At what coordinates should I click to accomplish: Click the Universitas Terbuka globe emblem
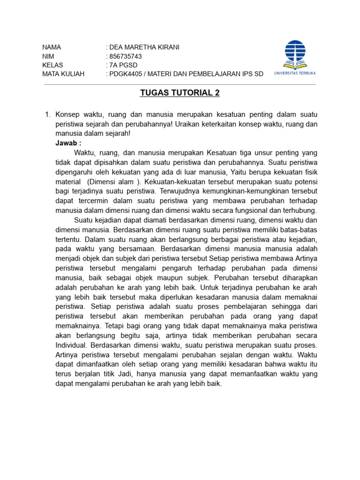click(x=295, y=53)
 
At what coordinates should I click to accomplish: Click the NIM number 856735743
click(x=126, y=56)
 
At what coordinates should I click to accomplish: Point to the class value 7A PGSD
click(x=123, y=65)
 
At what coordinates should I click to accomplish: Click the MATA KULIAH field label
click(x=63, y=74)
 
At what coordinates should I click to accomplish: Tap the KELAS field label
click(x=52, y=65)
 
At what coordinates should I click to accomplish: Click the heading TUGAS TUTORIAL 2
click(x=180, y=93)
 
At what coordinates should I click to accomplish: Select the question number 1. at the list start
click(x=47, y=114)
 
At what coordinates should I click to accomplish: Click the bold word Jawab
click(x=67, y=143)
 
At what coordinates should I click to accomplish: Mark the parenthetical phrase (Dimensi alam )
click(x=114, y=181)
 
